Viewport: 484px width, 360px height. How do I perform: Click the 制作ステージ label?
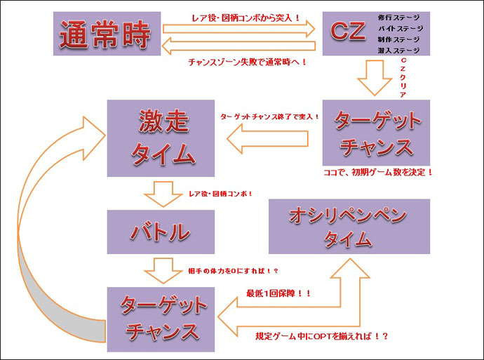click(400, 40)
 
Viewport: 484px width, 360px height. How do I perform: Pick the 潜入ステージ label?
click(400, 51)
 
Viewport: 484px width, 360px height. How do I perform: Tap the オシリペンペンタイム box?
click(349, 226)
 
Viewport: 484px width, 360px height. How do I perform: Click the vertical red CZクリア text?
click(403, 78)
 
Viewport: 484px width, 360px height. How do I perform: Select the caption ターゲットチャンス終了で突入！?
click(269, 116)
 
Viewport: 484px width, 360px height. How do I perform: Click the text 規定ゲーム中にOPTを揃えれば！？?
click(323, 336)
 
